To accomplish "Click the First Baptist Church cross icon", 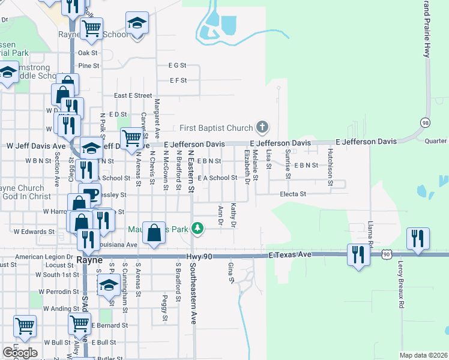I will tap(262, 127).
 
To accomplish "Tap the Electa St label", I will tap(293, 194).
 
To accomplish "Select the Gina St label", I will tap(231, 271).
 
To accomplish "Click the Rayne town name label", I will tap(90, 260).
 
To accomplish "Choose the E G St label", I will tap(178, 65).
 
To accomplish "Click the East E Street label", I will tap(133, 95).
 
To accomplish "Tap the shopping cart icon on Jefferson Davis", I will tap(131, 137).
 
